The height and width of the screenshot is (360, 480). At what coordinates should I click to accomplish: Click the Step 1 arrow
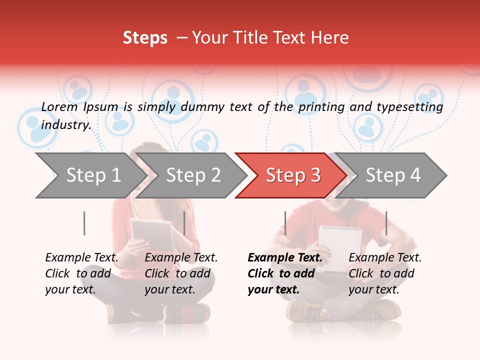(x=90, y=175)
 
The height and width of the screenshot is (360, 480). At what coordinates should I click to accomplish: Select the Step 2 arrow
(x=192, y=175)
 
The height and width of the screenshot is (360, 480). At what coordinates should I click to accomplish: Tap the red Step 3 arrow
(x=292, y=175)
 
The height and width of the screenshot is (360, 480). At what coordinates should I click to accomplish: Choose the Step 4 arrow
(x=393, y=175)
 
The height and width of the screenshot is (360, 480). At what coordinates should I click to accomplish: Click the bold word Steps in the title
(x=145, y=38)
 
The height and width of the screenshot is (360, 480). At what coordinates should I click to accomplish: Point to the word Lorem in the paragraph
(x=59, y=106)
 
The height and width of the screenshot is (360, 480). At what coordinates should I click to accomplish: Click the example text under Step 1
(x=81, y=273)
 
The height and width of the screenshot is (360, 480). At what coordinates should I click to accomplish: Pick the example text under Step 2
(x=181, y=273)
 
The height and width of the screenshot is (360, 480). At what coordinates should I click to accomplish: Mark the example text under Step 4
(x=385, y=273)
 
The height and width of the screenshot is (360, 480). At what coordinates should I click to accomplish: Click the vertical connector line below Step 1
(x=84, y=223)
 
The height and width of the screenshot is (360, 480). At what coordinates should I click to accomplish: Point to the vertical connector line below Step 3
(x=285, y=223)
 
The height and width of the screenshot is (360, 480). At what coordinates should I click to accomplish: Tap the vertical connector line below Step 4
(x=386, y=223)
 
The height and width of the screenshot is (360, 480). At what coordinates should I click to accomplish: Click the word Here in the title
(x=331, y=38)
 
